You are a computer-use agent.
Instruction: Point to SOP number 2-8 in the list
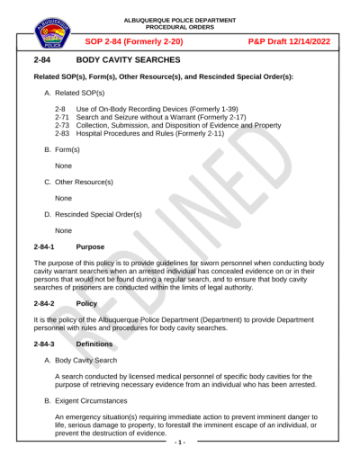59,108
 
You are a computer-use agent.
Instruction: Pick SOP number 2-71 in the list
62,117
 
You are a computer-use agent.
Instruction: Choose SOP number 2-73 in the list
62,125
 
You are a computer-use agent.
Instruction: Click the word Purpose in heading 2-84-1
90,246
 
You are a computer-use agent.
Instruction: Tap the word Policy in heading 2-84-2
87,304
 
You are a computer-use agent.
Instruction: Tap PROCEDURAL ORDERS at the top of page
180,26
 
